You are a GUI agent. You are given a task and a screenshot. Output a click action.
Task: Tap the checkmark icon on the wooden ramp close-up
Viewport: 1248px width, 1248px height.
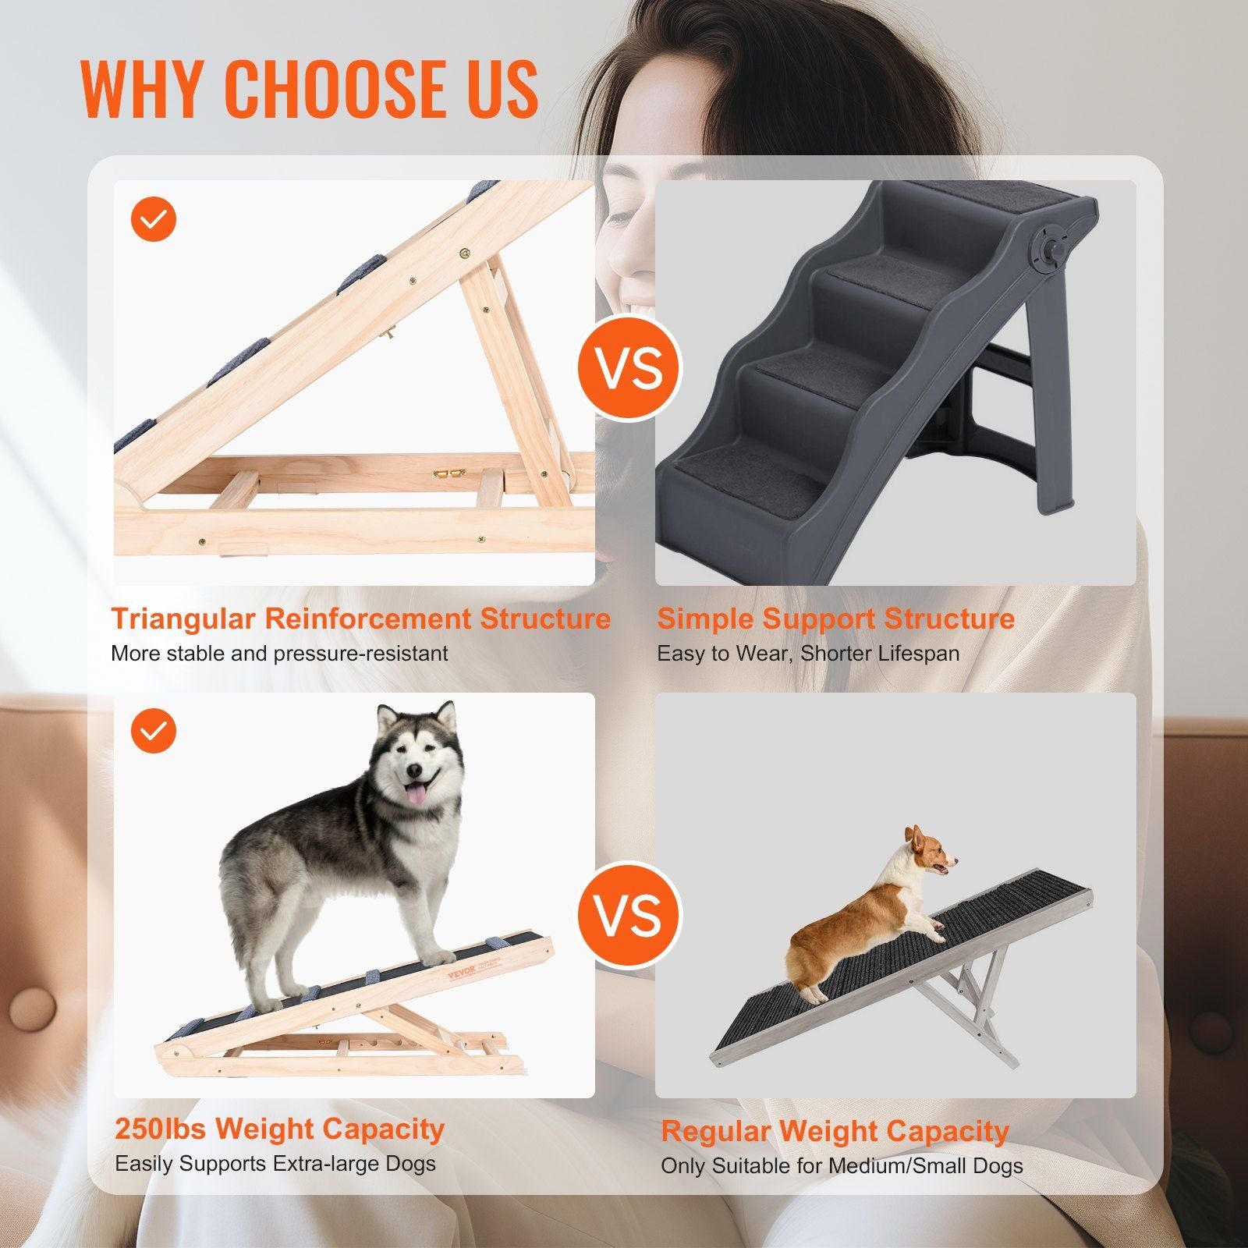tap(154, 219)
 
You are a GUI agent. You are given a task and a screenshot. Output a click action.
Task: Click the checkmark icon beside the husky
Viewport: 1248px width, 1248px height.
tap(154, 731)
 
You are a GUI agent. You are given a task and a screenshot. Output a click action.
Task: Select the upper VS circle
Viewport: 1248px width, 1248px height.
tap(629, 368)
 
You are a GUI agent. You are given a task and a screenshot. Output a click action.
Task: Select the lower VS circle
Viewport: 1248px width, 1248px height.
tap(629, 914)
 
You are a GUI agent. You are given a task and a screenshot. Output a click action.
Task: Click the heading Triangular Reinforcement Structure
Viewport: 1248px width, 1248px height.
tap(360, 619)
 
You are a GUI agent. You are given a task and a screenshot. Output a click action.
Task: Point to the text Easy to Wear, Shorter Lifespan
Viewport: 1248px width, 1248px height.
tap(808, 654)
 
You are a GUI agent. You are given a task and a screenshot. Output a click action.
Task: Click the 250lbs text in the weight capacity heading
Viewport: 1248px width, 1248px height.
tap(161, 1129)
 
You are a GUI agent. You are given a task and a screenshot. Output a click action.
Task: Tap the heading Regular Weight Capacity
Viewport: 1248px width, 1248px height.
tap(835, 1131)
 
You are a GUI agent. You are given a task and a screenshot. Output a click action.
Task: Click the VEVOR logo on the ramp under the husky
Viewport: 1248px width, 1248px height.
tap(461, 975)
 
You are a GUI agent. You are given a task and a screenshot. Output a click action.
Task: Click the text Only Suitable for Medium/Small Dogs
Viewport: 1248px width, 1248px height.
tap(842, 1166)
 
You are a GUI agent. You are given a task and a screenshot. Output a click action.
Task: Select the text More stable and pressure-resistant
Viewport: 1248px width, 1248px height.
tap(279, 654)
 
